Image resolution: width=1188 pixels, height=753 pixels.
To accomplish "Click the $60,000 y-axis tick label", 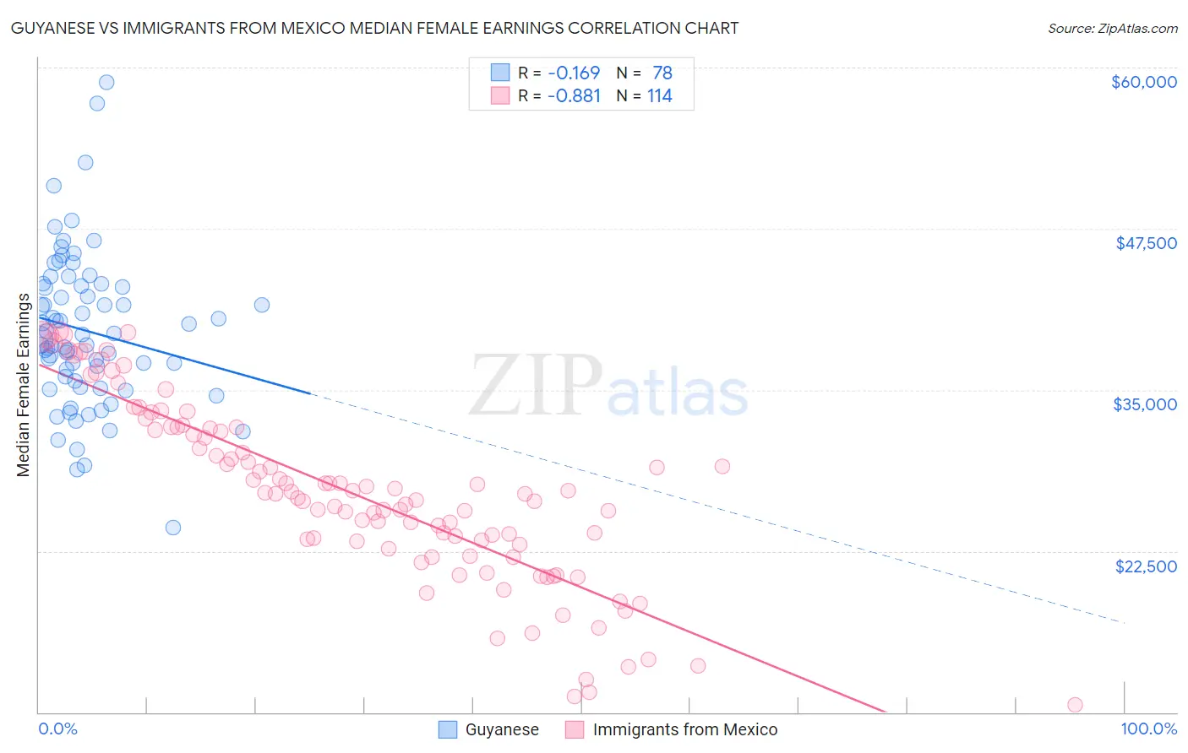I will (x=1143, y=82).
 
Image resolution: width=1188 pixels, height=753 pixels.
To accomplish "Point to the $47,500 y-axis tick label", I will (x=1146, y=243).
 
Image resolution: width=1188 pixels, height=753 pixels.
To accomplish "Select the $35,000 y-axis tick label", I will (x=1145, y=404).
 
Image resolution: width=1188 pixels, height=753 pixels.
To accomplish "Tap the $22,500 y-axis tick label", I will (x=1146, y=566).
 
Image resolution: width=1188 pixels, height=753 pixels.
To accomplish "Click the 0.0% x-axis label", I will (x=57, y=729).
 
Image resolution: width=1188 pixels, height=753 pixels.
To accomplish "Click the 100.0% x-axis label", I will (x=1148, y=729).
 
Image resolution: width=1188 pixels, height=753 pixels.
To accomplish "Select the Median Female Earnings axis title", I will (x=24, y=385).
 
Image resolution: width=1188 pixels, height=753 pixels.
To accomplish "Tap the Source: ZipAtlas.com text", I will (x=1112, y=28).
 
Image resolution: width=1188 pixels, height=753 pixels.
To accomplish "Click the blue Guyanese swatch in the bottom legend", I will (x=448, y=729).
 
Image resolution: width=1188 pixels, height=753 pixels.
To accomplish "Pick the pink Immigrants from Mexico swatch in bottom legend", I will (x=575, y=729).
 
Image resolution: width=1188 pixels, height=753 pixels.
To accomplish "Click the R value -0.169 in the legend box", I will (x=573, y=73).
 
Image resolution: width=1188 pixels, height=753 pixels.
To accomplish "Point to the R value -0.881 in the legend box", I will (x=573, y=95).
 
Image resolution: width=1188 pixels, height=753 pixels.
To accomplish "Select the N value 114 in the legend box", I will (x=659, y=95).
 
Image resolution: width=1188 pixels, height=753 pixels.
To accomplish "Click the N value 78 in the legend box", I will (x=662, y=73).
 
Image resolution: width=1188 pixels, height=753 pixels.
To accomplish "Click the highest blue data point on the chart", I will (x=106, y=82).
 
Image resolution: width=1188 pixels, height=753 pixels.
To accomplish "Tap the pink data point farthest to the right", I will (x=1075, y=705).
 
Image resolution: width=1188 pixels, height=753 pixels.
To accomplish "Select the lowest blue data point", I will (x=173, y=528).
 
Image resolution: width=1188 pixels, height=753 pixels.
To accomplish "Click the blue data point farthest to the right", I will (x=262, y=305).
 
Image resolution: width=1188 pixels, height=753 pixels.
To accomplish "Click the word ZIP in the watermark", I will (x=536, y=386).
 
